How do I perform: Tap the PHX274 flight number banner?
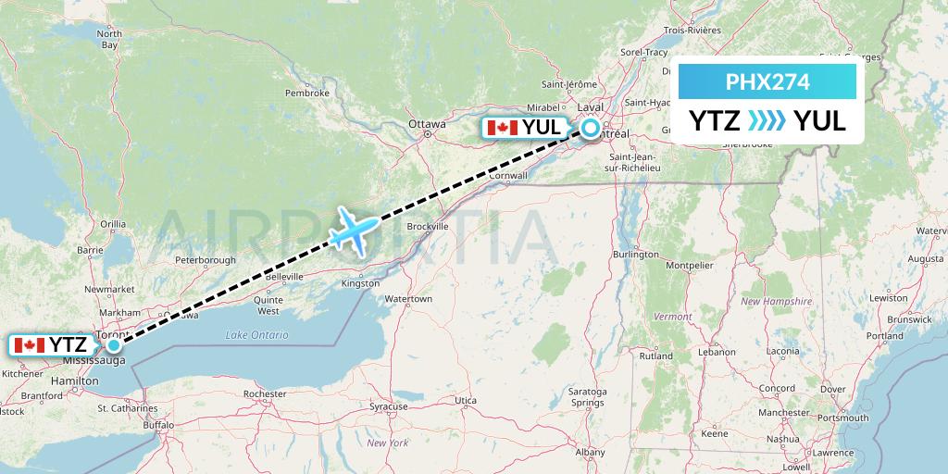click(767, 82)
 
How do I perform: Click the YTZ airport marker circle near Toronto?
click(113, 345)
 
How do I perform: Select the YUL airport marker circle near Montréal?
click(590, 129)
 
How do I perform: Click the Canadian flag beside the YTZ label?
click(30, 345)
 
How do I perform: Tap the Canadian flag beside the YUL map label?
click(502, 128)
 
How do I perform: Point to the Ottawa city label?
click(427, 123)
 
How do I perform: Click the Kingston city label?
click(360, 283)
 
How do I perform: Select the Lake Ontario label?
click(256, 335)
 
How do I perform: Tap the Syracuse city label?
click(388, 406)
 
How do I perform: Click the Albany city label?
click(590, 452)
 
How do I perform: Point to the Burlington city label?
click(635, 254)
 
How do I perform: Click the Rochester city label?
click(264, 393)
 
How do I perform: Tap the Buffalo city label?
click(158, 425)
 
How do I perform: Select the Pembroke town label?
click(307, 93)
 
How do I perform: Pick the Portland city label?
click(885, 336)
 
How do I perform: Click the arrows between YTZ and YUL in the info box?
click(766, 120)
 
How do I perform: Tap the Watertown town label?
click(408, 299)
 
